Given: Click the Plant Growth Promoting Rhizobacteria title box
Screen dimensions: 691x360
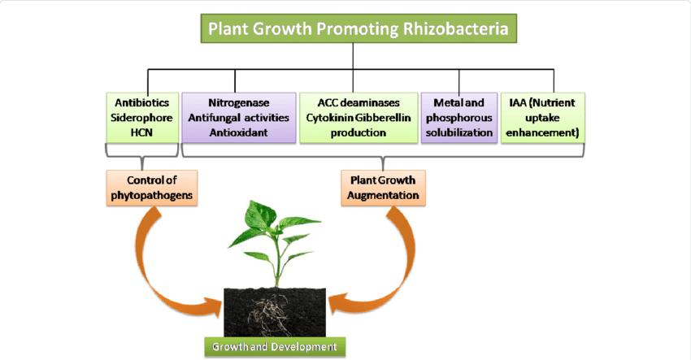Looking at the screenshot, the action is [x=359, y=28].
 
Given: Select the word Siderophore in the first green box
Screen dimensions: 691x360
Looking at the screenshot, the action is [x=141, y=118].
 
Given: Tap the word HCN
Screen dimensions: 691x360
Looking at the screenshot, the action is [x=141, y=132].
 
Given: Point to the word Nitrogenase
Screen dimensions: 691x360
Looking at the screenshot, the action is [x=238, y=103].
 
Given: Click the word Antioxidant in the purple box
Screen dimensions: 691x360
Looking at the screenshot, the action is [x=238, y=132].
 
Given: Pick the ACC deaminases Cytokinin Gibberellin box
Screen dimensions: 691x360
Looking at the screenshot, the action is [x=359, y=118].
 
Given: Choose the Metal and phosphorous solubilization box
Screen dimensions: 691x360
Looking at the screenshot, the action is [x=459, y=118].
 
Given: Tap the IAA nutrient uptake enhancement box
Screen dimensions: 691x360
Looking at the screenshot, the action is [x=543, y=118].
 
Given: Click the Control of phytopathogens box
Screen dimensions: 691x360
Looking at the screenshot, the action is [x=151, y=188].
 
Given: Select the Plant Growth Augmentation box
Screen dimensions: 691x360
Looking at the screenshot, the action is [x=383, y=188].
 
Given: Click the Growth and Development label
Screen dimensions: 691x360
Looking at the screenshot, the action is [x=275, y=347].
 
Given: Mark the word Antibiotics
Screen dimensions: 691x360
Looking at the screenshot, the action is [x=142, y=103].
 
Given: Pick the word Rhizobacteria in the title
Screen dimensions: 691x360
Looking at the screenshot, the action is [x=456, y=28].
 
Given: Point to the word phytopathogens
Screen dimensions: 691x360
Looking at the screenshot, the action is [x=151, y=195].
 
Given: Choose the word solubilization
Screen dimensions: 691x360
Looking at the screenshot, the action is [x=459, y=132].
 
